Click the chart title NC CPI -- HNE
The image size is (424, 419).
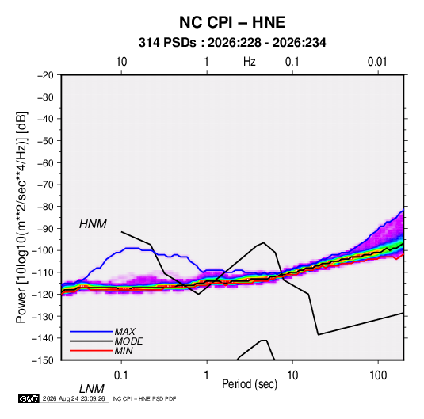pos(232,22)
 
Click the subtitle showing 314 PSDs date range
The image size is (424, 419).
pos(232,43)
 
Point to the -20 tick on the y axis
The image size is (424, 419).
pos(45,75)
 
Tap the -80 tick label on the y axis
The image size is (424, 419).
pos(45,207)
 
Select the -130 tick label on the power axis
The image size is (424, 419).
pos(43,316)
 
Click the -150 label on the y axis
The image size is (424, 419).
pos(43,360)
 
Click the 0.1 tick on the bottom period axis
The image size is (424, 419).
pos(121,375)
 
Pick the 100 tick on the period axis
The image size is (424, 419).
pos(378,375)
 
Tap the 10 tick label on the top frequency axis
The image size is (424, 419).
pos(121,62)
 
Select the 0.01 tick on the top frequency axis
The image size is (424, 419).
pos(377,62)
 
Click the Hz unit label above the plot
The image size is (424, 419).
pos(250,62)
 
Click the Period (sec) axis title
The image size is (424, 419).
pos(250,384)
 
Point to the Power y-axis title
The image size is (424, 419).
pos(21,217)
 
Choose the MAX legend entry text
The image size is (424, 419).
pos(125,332)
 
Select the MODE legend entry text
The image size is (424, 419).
pos(128,341)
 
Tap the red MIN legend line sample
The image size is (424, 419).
pos(91,351)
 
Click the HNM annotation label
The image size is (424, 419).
pos(93,224)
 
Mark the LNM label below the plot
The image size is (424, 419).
pos(92,389)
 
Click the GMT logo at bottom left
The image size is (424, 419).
pos(29,398)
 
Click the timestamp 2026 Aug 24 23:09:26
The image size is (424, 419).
pos(74,398)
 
